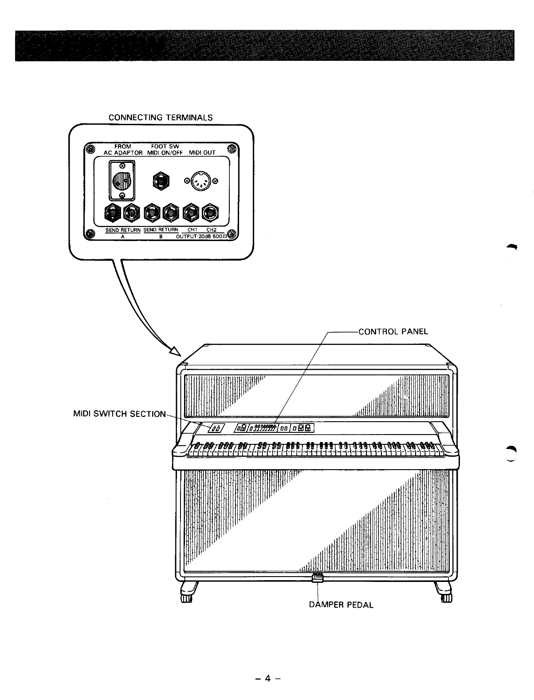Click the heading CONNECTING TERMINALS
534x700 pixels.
[x=161, y=118]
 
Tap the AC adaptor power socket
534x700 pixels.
[x=122, y=180]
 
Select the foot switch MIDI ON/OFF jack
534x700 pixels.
[x=161, y=180]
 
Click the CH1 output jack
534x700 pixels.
[x=191, y=214]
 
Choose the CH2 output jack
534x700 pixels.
[x=209, y=214]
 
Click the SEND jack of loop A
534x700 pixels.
[x=113, y=214]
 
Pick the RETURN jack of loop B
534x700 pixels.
[x=170, y=214]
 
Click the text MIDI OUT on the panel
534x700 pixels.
[x=202, y=153]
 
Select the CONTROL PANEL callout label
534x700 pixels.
[x=393, y=332]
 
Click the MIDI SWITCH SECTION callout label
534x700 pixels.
[x=119, y=414]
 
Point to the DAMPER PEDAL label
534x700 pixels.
[x=341, y=605]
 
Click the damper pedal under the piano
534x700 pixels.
[x=318, y=577]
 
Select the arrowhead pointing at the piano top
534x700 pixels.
[x=177, y=351]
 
